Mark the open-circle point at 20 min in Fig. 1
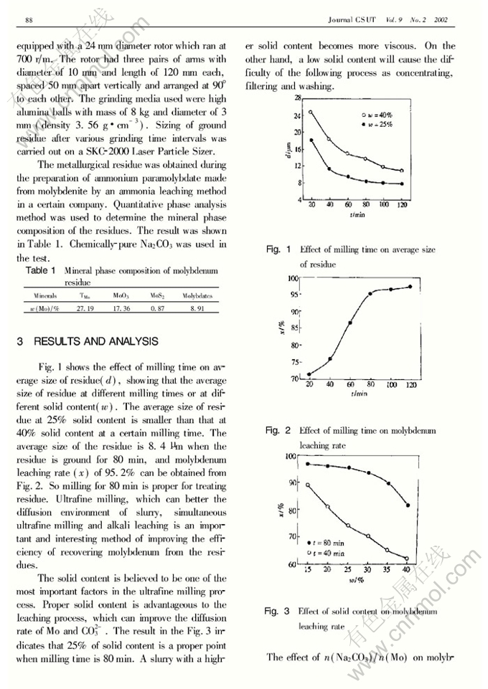(311, 112)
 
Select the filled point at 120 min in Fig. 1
(402, 184)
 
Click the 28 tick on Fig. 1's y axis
(297, 98)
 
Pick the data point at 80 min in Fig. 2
(370, 293)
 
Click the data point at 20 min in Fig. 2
(310, 374)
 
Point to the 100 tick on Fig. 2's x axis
(390, 385)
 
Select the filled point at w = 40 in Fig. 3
(408, 505)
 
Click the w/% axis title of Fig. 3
(357, 579)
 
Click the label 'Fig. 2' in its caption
(278, 431)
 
